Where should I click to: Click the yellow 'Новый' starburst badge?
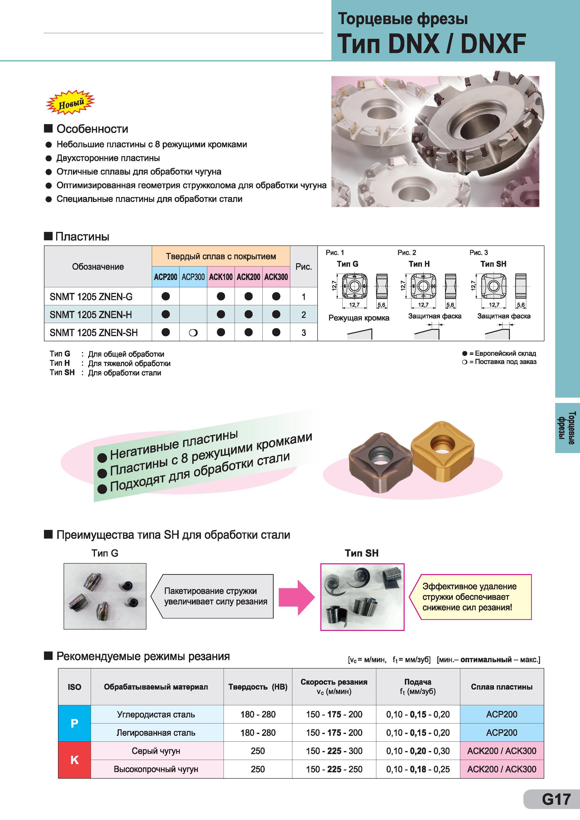click(70, 102)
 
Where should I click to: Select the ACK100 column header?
click(221, 277)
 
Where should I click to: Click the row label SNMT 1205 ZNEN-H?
click(91, 315)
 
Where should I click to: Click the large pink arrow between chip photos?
click(297, 597)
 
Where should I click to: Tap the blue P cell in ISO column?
click(74, 723)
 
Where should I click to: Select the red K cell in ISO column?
click(74, 760)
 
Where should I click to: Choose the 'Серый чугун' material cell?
click(156, 751)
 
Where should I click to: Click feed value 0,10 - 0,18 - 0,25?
click(418, 769)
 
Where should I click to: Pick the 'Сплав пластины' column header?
click(502, 687)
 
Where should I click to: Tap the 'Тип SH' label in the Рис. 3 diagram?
click(493, 264)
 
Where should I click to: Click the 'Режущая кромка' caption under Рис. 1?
click(359, 318)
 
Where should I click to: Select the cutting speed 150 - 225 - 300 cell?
click(334, 751)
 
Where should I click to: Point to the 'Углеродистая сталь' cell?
click(156, 714)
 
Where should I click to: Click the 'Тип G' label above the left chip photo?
click(105, 553)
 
